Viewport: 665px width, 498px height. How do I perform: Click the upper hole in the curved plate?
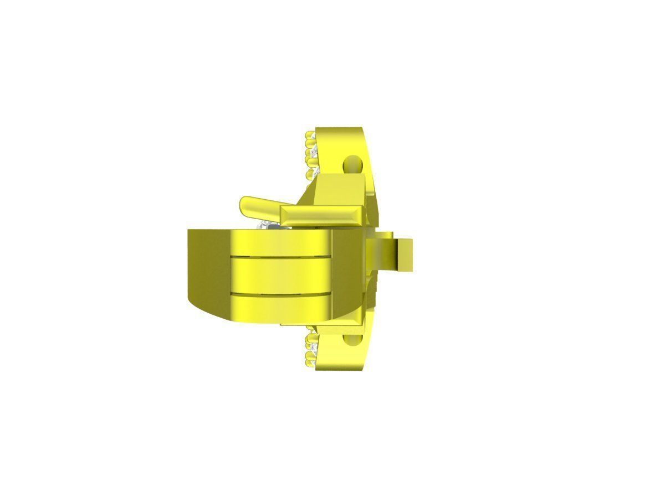point(351,163)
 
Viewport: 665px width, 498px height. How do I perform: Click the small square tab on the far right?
point(407,255)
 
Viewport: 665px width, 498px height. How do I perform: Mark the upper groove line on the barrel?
point(280,257)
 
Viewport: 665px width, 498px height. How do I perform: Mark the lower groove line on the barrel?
point(280,292)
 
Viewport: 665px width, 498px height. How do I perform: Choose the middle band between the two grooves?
point(280,274)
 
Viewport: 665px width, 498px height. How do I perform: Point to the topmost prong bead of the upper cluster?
point(309,134)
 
